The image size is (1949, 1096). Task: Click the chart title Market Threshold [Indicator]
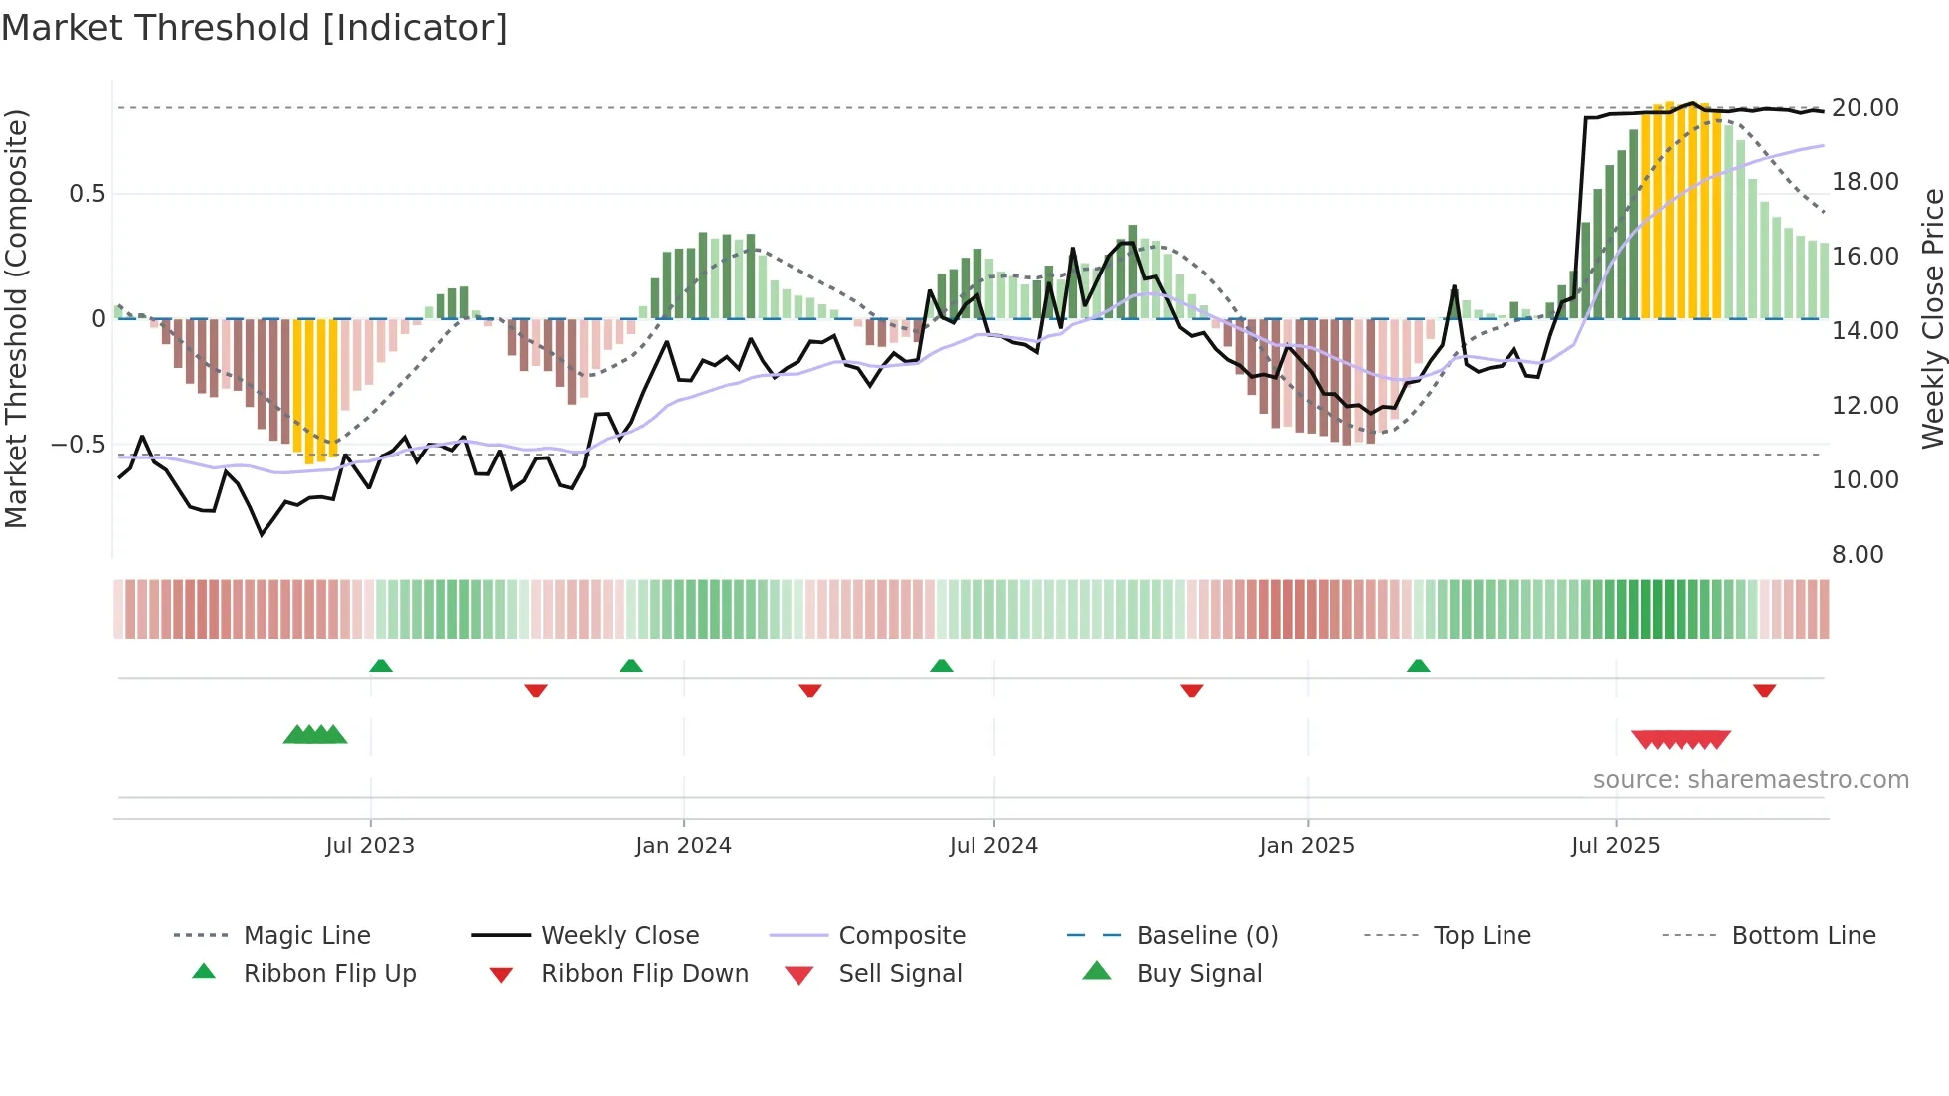pyautogui.click(x=255, y=28)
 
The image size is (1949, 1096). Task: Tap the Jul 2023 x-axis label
pyautogui.click(x=370, y=846)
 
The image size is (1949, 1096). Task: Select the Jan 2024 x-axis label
pyautogui.click(x=683, y=846)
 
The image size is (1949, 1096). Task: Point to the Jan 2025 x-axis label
pyautogui.click(x=1307, y=846)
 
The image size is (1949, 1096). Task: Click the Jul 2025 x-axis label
pyautogui.click(x=1615, y=846)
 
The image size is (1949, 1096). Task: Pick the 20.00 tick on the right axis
pyautogui.click(x=1864, y=107)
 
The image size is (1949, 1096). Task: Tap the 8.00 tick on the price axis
pyautogui.click(x=1857, y=554)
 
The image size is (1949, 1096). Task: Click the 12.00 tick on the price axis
pyautogui.click(x=1864, y=405)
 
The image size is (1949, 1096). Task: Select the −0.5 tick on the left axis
pyautogui.click(x=78, y=444)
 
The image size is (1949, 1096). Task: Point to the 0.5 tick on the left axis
pyautogui.click(x=87, y=193)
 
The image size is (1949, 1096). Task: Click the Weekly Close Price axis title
pyautogui.click(x=1932, y=318)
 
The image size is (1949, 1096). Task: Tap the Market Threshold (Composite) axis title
pyautogui.click(x=16, y=318)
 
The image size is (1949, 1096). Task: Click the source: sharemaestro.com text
pyautogui.click(x=1750, y=780)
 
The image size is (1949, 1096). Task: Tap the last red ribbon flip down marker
pyautogui.click(x=1764, y=690)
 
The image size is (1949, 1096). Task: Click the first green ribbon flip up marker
pyautogui.click(x=381, y=666)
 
